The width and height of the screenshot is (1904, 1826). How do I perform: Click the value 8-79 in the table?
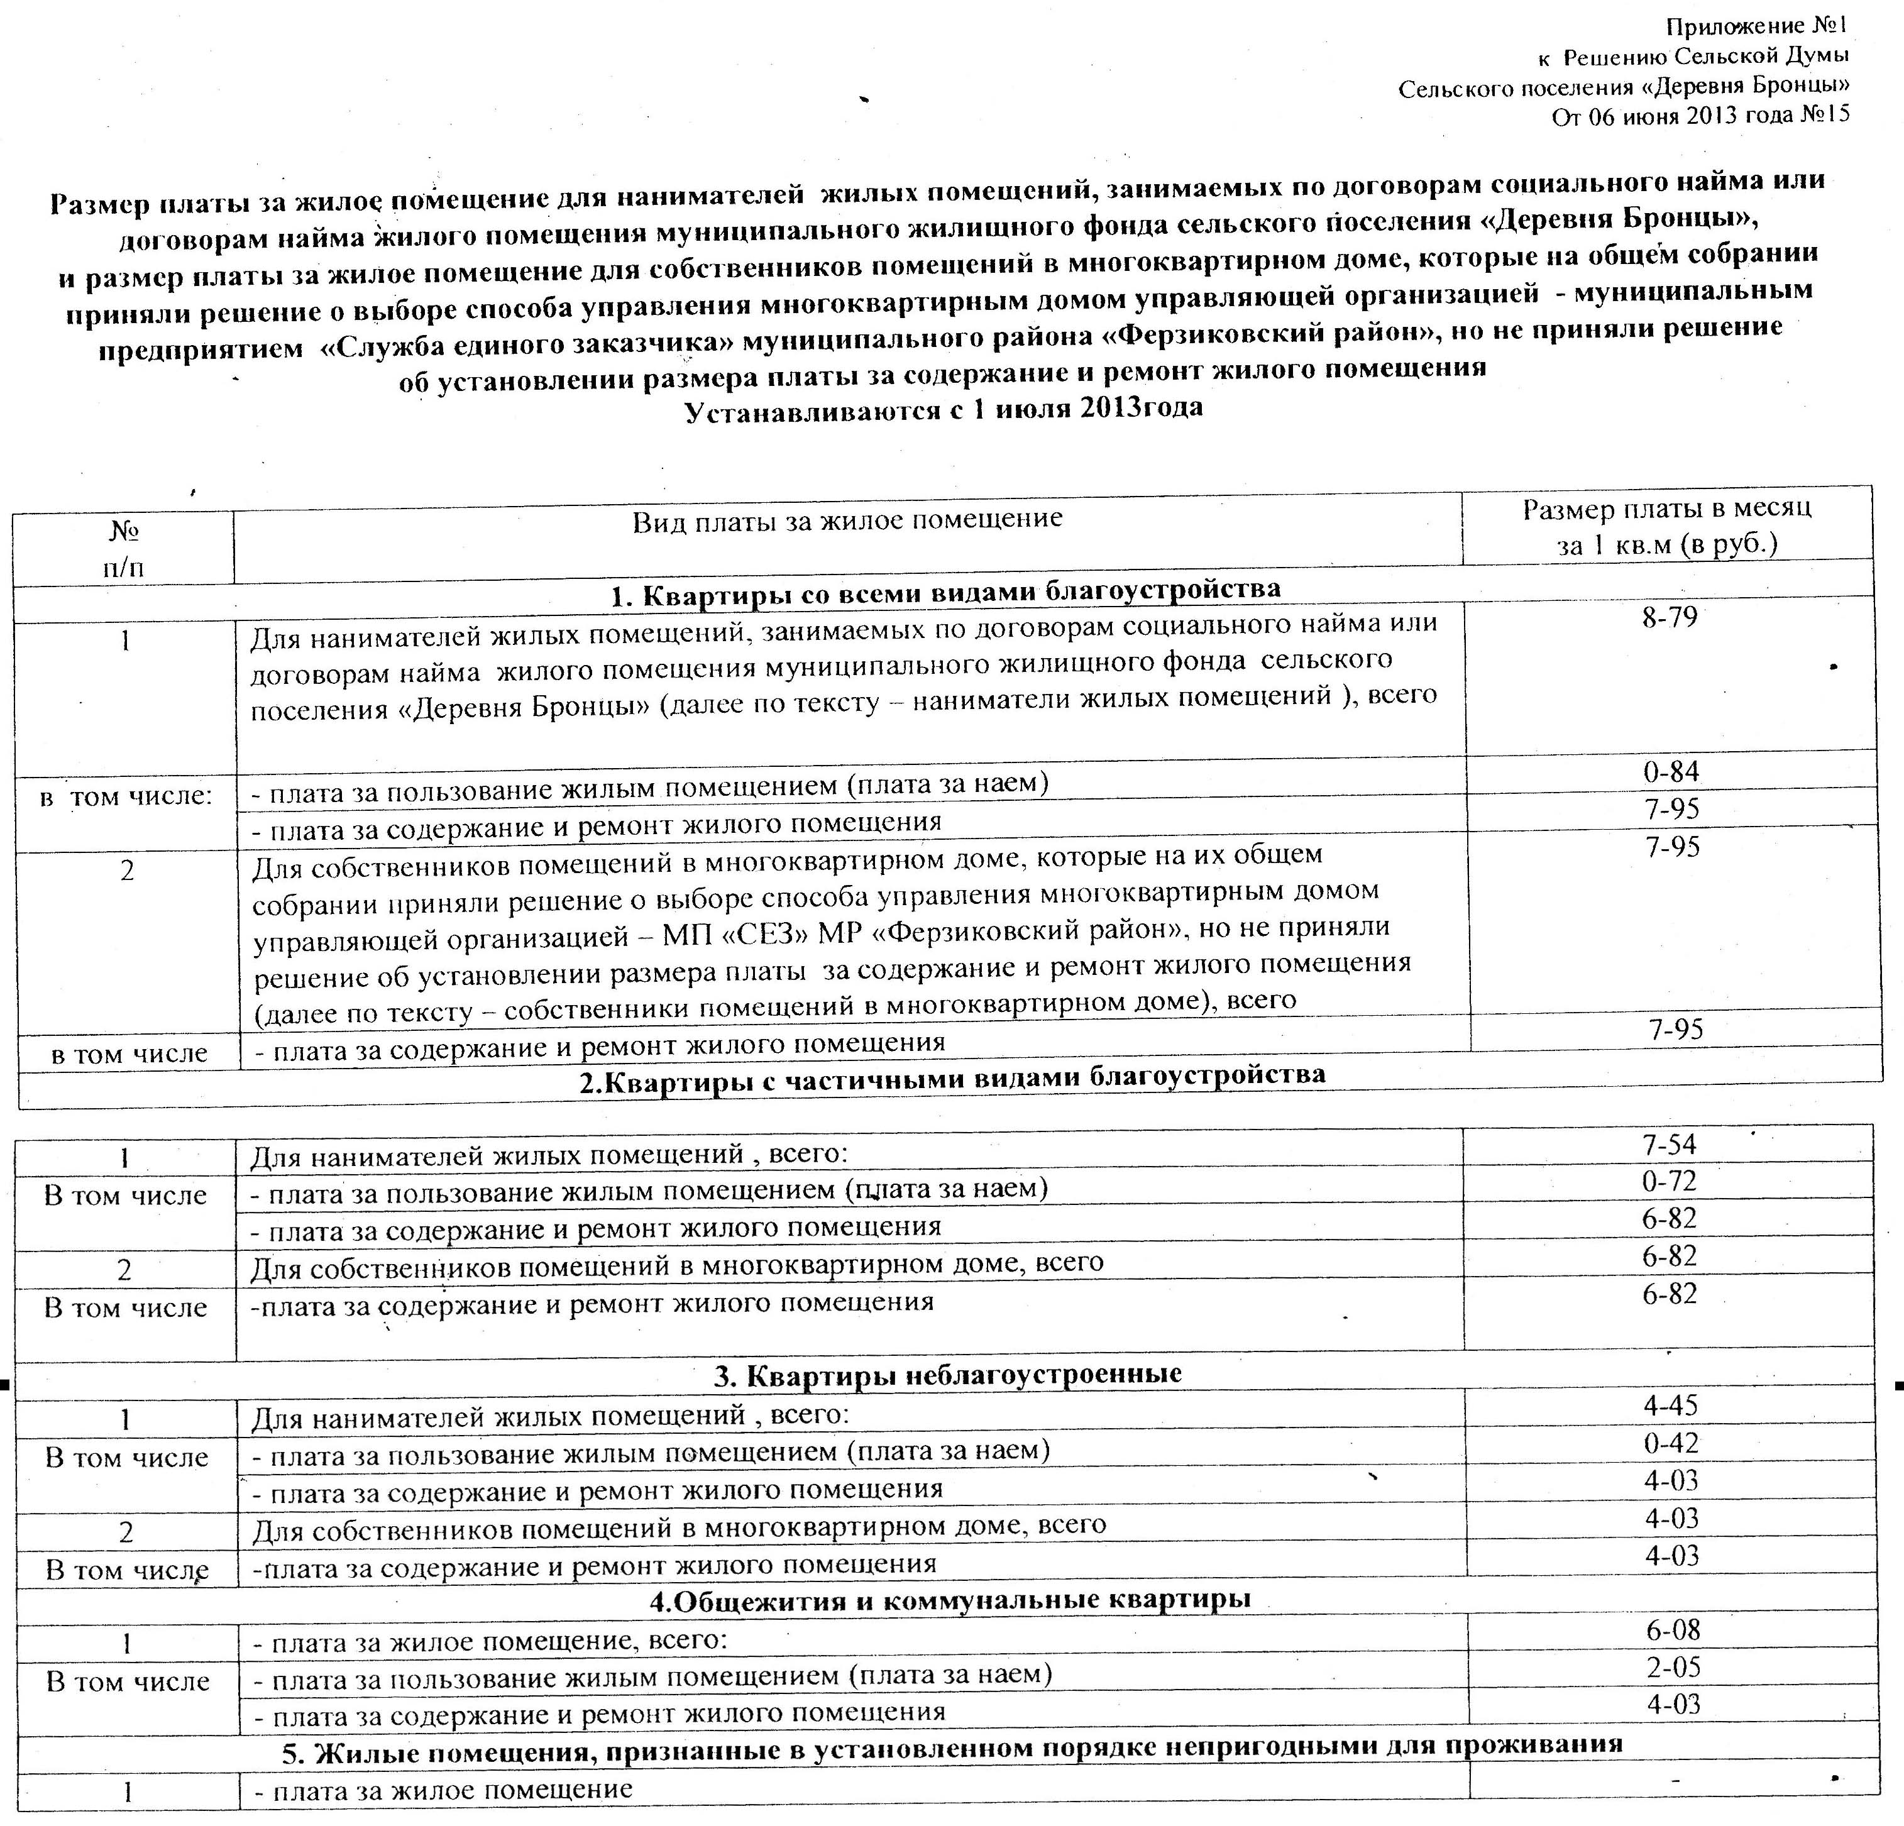[1669, 617]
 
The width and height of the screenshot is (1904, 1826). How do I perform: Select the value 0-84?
[1671, 772]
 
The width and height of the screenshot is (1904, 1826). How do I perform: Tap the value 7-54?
[1669, 1144]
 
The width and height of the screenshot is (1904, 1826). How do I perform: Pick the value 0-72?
[1669, 1181]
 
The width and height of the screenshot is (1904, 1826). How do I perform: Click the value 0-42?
[1671, 1443]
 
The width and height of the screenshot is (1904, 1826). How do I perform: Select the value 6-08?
[1672, 1630]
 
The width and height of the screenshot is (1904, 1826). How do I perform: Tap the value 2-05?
[1672, 1668]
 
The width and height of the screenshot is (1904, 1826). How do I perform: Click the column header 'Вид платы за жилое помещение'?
[847, 520]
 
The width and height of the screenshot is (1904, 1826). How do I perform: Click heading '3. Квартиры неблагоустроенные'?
[947, 1373]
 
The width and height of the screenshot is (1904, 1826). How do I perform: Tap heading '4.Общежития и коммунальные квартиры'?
[949, 1598]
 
